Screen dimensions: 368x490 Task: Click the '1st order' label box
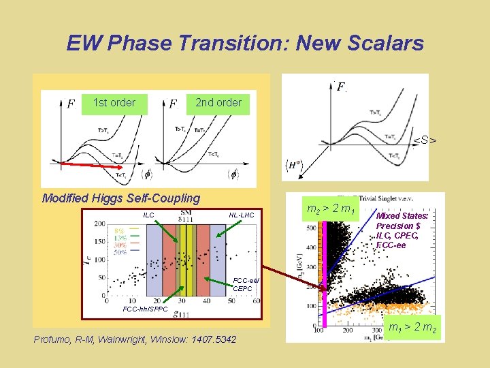pos(114,103)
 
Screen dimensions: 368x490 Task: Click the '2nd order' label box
pos(218,103)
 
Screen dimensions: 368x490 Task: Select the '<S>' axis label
pos(425,141)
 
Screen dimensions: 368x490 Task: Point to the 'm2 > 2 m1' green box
pos(331,208)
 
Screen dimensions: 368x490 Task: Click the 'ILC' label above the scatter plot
pos(148,215)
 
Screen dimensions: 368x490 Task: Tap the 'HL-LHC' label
pos(241,215)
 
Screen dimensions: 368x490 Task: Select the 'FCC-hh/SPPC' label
pos(144,309)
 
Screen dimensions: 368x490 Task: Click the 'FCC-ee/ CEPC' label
pos(244,284)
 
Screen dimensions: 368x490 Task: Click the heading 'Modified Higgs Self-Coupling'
pos(121,198)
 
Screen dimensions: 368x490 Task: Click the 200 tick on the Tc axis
pos(98,224)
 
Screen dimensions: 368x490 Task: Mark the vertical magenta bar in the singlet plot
pos(324,273)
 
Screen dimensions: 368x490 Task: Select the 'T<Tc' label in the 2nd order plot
pos(213,153)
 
